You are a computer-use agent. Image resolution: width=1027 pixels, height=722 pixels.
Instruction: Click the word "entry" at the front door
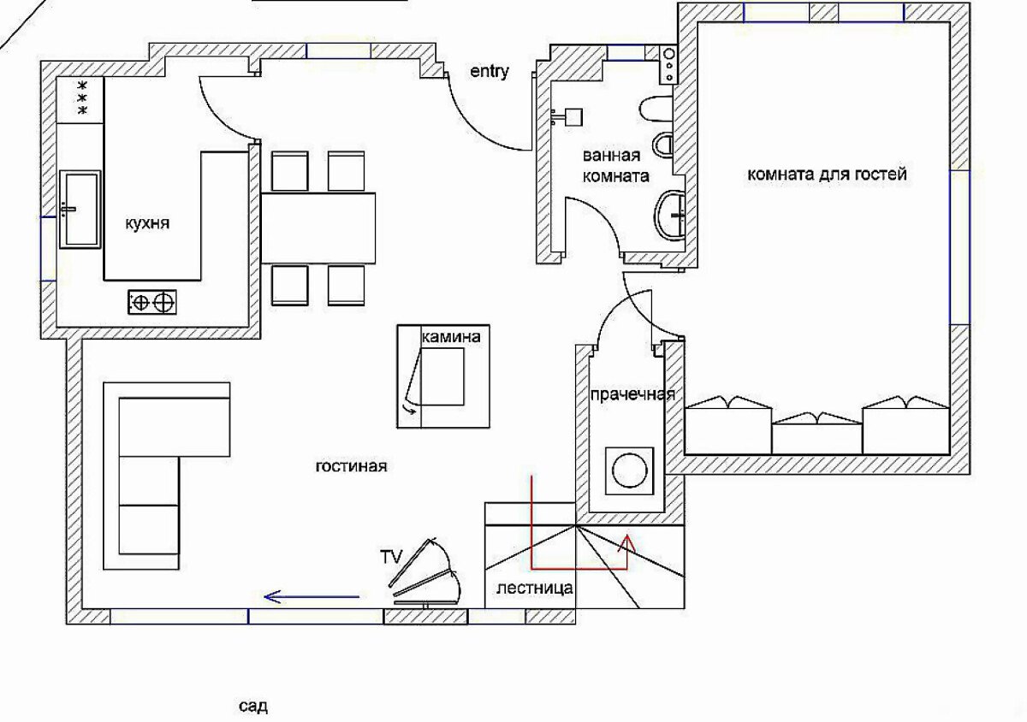click(490, 72)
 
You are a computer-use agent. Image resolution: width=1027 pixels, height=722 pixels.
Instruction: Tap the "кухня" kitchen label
click(147, 223)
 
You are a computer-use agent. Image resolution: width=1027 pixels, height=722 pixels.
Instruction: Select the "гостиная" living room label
click(351, 466)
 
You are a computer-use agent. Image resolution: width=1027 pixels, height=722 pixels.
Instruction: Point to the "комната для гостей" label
click(827, 175)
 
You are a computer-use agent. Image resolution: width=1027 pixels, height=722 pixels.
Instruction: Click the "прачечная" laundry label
click(632, 394)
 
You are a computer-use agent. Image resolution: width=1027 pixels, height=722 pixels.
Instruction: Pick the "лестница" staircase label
click(535, 588)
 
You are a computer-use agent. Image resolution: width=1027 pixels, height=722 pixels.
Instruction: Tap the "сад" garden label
click(253, 706)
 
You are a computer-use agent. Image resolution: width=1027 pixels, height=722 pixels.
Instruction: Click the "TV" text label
click(390, 557)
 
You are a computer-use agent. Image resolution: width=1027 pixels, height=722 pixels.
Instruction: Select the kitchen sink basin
click(80, 210)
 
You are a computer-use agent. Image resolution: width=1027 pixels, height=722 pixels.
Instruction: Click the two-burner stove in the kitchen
click(152, 302)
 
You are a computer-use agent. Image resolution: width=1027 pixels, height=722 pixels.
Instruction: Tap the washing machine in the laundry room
click(629, 470)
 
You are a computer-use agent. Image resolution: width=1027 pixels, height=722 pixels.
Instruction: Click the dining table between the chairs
click(318, 228)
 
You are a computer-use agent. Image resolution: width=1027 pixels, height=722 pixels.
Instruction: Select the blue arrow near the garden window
click(312, 597)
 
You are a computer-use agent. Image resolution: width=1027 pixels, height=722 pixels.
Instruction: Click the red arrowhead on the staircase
click(626, 542)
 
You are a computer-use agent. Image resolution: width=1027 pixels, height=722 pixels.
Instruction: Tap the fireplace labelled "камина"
click(443, 376)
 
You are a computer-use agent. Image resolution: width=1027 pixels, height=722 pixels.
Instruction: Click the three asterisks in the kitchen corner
click(83, 98)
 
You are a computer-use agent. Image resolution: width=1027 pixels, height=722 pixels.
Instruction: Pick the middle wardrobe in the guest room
click(817, 433)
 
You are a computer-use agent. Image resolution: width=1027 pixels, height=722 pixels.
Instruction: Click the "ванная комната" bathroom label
click(615, 165)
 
